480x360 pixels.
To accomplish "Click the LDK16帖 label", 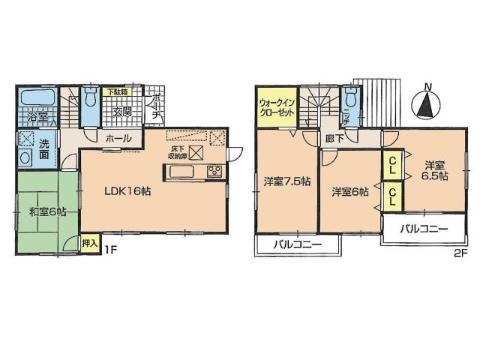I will (x=127, y=191).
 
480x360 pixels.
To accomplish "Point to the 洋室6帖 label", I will (x=350, y=192).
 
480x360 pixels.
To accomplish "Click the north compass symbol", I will (x=425, y=103).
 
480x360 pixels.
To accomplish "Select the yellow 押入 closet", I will (x=89, y=243).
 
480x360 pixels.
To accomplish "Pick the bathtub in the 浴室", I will (x=37, y=97).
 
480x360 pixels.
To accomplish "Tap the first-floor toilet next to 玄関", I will (x=89, y=98).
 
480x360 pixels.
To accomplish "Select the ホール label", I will (x=118, y=138).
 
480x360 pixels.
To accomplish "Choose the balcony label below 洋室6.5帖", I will (x=423, y=228).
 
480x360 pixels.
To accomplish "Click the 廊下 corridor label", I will (x=334, y=139).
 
